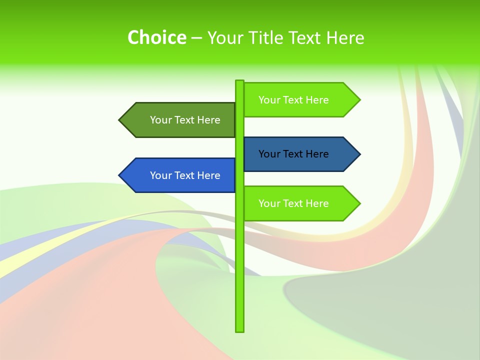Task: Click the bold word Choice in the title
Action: click(156, 37)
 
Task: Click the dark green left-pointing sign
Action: click(180, 120)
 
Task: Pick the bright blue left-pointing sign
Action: click(180, 175)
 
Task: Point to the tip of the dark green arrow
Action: click(120, 120)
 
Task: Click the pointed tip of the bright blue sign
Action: click(120, 175)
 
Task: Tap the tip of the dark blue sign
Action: click(359, 154)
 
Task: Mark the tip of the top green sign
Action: click(359, 100)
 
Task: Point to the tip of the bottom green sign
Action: click(359, 203)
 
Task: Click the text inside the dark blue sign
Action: click(293, 154)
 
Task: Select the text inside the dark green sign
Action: click(185, 120)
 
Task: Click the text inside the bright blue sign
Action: click(185, 175)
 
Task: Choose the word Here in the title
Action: click(345, 38)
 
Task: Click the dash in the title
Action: click(196, 38)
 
